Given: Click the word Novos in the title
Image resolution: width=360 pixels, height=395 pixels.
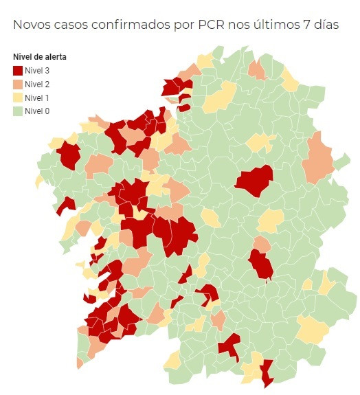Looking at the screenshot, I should click(x=34, y=25).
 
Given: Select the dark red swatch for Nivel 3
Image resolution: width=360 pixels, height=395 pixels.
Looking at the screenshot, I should click(x=19, y=70).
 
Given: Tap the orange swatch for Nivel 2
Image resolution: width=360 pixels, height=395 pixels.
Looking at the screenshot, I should click(x=19, y=84).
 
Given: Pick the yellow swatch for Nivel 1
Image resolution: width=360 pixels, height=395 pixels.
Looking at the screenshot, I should click(x=19, y=98).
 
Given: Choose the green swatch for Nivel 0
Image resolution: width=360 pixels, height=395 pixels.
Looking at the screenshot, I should click(x=19, y=111).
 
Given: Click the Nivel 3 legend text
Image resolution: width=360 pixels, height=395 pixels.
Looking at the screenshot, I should click(x=37, y=70).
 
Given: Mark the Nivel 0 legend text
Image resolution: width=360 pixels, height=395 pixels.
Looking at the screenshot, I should click(x=37, y=111).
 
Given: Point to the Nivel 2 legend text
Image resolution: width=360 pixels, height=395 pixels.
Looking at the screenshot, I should click(x=37, y=84).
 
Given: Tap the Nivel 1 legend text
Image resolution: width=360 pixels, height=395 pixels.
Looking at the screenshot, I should click(x=37, y=98).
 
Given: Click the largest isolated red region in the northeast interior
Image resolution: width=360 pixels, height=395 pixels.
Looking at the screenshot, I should click(x=254, y=180).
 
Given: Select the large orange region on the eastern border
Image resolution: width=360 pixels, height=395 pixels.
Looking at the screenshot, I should click(x=317, y=158).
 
